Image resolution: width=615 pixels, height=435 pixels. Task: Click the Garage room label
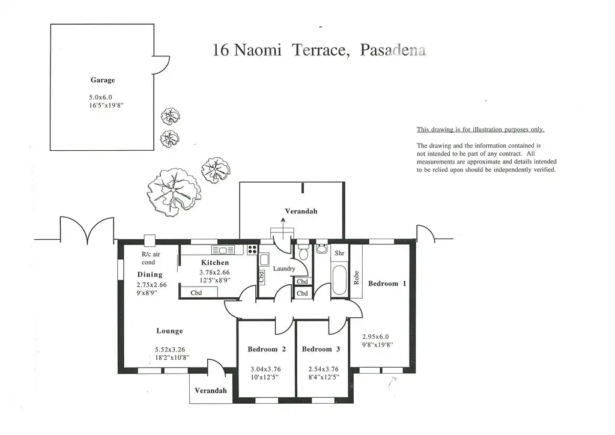(103, 80)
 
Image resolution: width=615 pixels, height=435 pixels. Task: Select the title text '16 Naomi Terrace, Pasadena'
(320, 50)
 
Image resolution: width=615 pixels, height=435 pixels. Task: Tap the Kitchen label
(214, 263)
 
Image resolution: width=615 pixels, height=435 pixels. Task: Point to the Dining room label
(150, 275)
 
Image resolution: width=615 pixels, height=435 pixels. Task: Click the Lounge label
(169, 331)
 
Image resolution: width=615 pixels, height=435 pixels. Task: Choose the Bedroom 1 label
(387, 284)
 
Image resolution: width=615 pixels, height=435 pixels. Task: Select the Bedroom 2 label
(266, 349)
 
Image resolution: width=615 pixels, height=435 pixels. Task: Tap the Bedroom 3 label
(321, 349)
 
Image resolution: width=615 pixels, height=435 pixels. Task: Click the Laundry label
(283, 269)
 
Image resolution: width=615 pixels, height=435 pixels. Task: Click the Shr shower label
(339, 254)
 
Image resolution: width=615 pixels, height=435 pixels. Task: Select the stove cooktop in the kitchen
(252, 250)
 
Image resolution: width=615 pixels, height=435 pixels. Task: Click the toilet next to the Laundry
(303, 251)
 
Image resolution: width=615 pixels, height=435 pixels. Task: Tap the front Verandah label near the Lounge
(211, 391)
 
